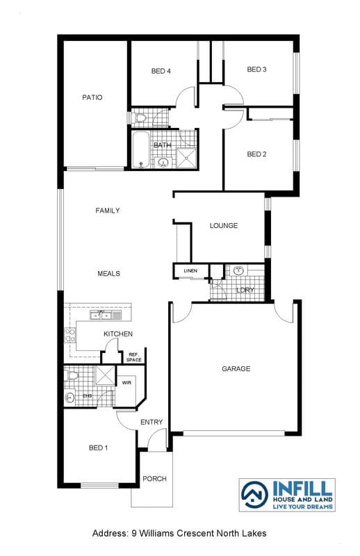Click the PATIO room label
(x=92, y=97)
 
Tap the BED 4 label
(x=161, y=71)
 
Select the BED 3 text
(x=256, y=69)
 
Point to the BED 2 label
(x=256, y=154)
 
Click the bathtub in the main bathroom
(x=141, y=149)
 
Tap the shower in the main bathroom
(x=186, y=158)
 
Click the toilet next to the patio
(x=140, y=117)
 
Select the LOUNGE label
(x=224, y=225)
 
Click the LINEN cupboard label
(x=190, y=270)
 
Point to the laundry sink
(x=239, y=270)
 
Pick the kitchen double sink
(x=106, y=315)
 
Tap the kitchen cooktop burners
(x=70, y=336)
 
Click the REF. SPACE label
(x=134, y=357)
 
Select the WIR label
(x=126, y=383)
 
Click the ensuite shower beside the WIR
(x=106, y=375)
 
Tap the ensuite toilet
(x=72, y=375)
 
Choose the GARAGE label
(x=236, y=369)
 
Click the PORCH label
(x=154, y=479)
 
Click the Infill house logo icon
(x=254, y=495)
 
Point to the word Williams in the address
(x=156, y=533)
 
